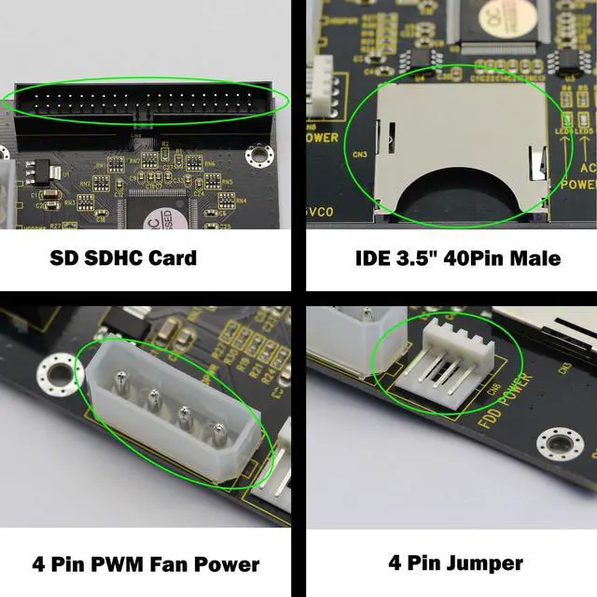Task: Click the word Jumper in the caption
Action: [x=484, y=563]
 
